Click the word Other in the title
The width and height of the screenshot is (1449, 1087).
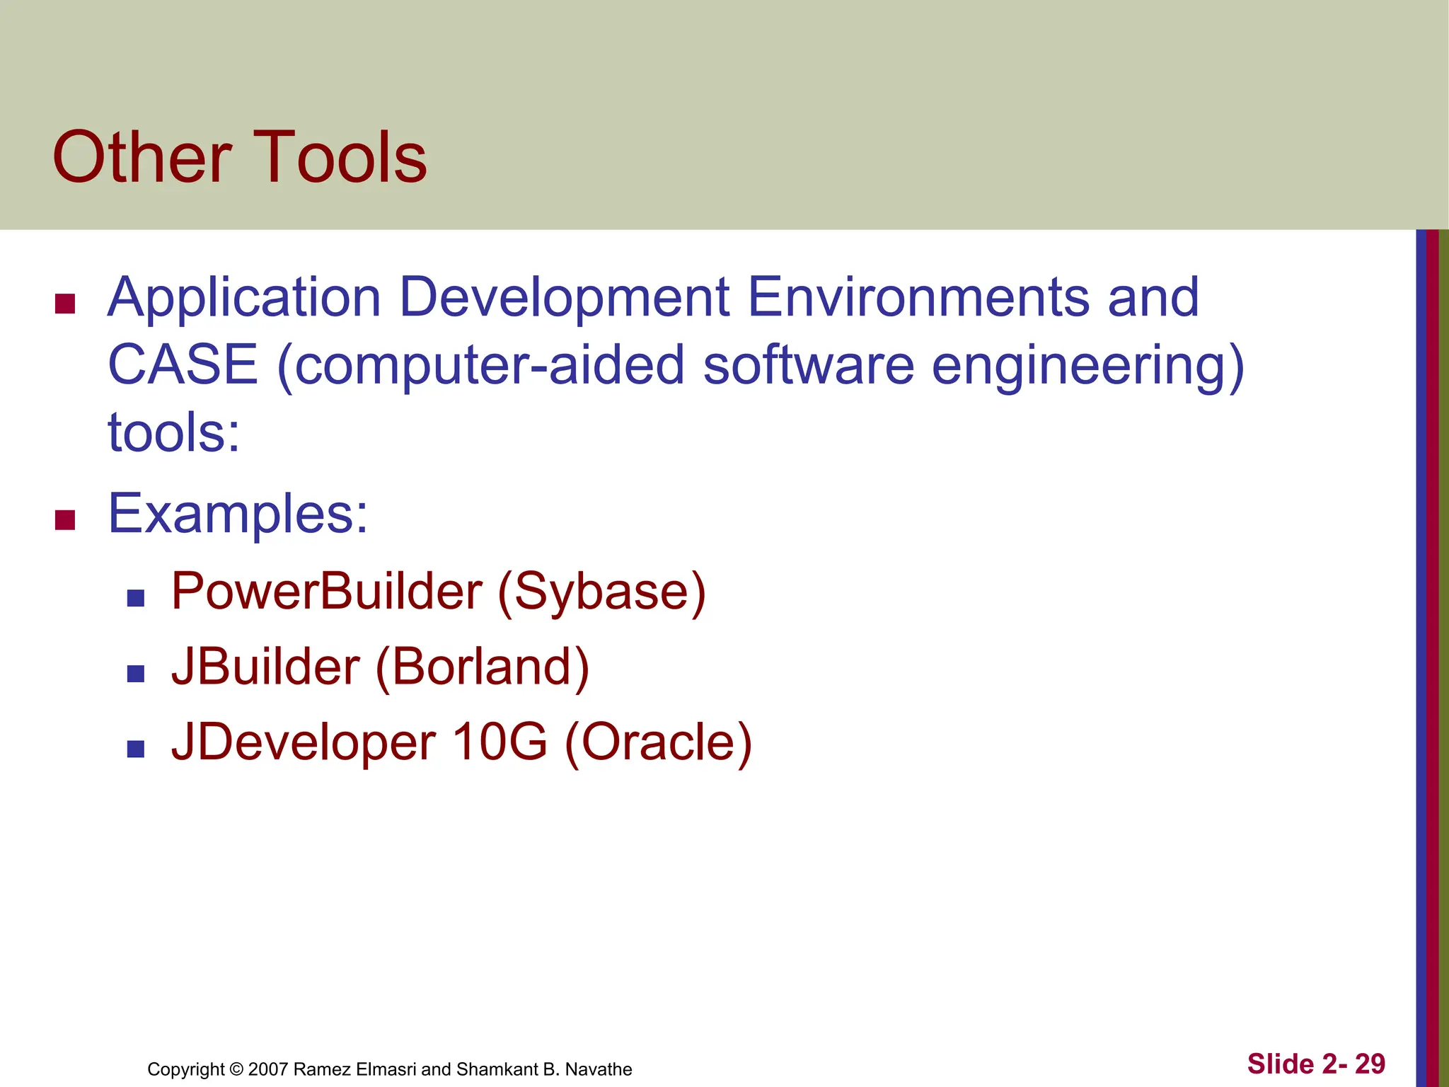coord(142,157)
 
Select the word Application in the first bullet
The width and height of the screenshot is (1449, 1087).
coord(244,298)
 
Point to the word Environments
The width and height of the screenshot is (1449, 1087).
coord(918,297)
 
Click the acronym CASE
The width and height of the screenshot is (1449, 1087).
coord(183,364)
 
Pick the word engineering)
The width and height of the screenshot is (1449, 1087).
coord(1087,366)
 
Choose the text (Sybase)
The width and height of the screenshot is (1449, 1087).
coord(602,592)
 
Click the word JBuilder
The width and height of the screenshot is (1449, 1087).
coord(266,667)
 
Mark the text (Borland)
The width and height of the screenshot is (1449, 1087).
coord(482,667)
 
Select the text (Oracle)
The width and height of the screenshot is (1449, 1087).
coord(658,743)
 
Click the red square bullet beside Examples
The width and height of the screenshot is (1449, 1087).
coord(65,520)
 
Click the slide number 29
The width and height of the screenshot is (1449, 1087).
coord(1370,1064)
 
